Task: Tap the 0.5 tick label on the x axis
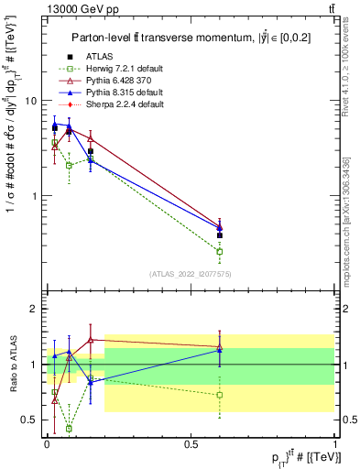[x=191, y=442]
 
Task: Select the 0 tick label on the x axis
[x=47, y=442]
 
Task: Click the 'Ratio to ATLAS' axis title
[x=12, y=364]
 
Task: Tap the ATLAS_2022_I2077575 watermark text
[x=190, y=274]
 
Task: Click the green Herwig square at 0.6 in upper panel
[x=220, y=251]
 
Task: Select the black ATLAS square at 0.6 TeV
[x=220, y=235]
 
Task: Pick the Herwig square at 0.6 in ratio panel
[x=220, y=395]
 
